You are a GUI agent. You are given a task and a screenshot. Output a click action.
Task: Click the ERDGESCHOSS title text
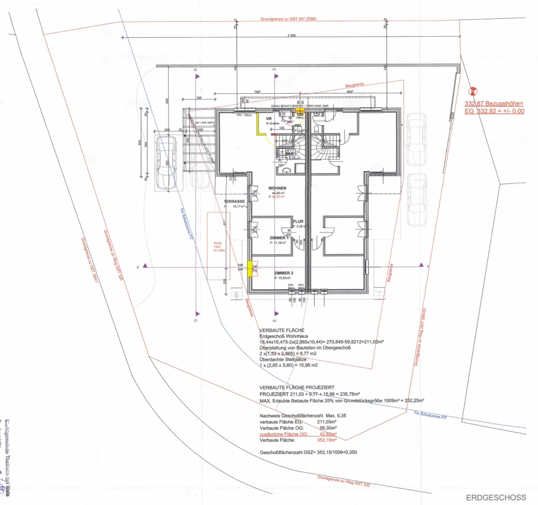click(x=496, y=497)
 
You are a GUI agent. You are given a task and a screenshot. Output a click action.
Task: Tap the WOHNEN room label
click(x=277, y=188)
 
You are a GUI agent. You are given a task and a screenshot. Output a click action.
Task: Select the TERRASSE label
click(x=234, y=202)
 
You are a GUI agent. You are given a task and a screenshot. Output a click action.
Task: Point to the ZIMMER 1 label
click(x=279, y=238)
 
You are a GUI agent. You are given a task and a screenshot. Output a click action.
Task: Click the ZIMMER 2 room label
click(x=283, y=273)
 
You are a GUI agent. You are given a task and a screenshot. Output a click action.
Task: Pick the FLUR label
click(x=298, y=222)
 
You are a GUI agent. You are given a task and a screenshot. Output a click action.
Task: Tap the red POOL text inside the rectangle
click(x=218, y=243)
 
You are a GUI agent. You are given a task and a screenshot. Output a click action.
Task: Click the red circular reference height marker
click(x=473, y=92)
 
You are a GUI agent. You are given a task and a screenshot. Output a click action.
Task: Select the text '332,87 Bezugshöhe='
click(x=494, y=104)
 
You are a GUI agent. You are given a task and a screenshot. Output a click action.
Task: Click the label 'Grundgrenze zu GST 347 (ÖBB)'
click(x=288, y=19)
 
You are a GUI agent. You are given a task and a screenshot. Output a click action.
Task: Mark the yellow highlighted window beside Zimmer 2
click(x=250, y=269)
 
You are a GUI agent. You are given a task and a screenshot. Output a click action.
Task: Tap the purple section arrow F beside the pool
click(x=145, y=266)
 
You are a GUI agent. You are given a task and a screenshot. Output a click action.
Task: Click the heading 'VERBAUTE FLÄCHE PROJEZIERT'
click(x=297, y=387)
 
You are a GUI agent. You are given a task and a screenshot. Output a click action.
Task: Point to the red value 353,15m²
click(x=326, y=440)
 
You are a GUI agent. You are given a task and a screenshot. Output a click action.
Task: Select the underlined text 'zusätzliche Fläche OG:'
click(x=283, y=434)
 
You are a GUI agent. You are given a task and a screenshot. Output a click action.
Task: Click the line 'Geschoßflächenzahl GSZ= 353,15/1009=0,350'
click(x=308, y=452)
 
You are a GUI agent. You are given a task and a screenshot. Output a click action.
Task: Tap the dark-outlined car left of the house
click(x=166, y=163)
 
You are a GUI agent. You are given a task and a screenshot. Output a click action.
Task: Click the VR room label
click(x=269, y=119)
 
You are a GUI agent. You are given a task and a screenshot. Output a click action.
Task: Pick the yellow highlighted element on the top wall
click(x=300, y=110)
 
